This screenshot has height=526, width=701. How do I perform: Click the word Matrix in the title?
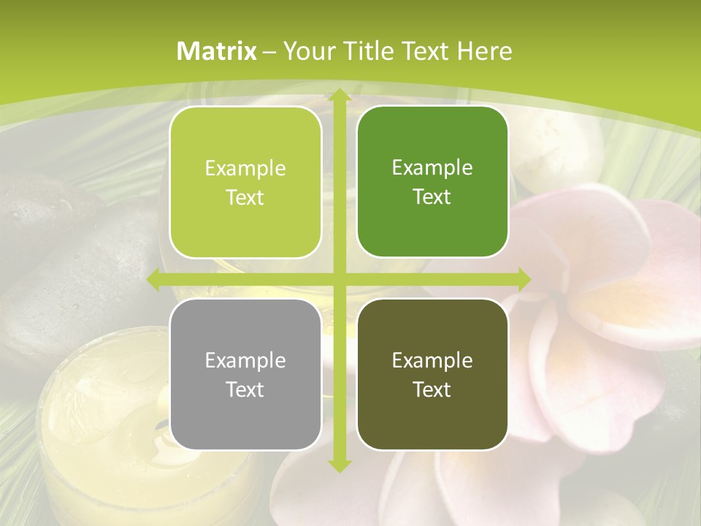217,51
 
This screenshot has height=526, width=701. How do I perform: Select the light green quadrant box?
245,183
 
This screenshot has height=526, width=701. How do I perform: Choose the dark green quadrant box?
432,182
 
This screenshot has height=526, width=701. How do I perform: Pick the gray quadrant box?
245,374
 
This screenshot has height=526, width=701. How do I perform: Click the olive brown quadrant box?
432,374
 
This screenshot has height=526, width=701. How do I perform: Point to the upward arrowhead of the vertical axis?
339,96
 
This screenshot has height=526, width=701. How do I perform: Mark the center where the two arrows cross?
339,279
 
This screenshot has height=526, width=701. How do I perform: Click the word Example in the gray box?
245,360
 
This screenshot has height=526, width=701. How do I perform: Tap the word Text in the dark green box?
432,197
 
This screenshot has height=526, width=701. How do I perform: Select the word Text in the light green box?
245,198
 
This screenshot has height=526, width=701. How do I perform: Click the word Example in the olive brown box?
432,360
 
